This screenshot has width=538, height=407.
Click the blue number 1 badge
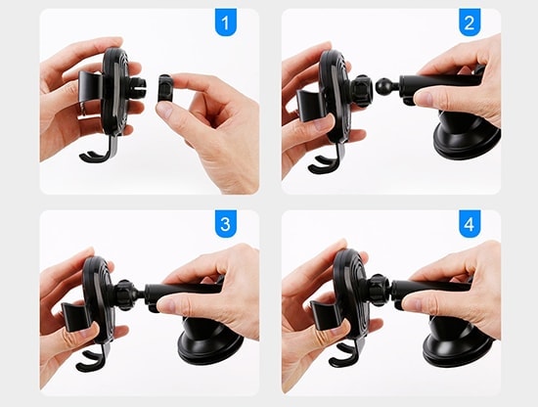click(225, 22)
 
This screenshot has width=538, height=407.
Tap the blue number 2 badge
click(470, 22)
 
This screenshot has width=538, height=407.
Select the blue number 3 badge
click(225, 224)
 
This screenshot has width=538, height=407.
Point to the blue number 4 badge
click(470, 224)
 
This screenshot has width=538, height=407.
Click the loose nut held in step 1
click(165, 88)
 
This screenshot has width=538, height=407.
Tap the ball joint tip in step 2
click(384, 86)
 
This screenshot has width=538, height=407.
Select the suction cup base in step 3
click(210, 340)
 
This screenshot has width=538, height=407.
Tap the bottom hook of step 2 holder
click(326, 162)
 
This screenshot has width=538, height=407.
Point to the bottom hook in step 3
click(93, 360)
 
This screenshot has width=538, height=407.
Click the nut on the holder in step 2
click(360, 90)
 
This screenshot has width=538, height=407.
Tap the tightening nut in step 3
click(124, 295)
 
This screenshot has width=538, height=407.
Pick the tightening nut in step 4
click(379, 290)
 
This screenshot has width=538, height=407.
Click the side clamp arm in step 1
click(91, 86)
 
